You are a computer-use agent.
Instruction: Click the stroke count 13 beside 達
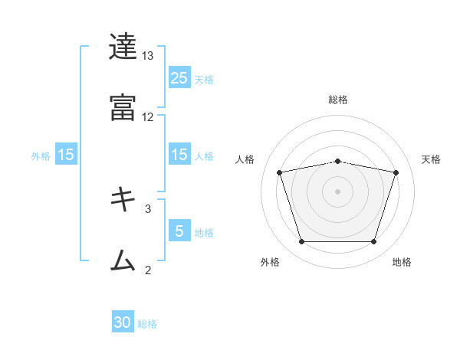(x=148, y=57)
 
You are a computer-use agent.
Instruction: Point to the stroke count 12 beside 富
(x=148, y=116)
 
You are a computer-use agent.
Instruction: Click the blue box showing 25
(x=179, y=78)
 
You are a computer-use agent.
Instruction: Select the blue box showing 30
(x=123, y=322)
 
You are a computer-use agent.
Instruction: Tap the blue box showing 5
(x=179, y=231)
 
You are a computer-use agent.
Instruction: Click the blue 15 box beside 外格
(x=66, y=155)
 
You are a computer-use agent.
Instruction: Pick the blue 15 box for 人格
(x=179, y=155)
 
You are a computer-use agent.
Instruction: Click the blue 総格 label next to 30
(x=147, y=324)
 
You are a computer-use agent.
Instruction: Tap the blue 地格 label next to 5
(x=204, y=233)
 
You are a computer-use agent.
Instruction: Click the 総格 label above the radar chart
(x=337, y=100)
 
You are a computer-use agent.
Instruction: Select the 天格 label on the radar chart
(x=432, y=159)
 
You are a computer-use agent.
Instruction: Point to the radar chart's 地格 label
(x=402, y=262)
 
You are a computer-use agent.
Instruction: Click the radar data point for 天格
(x=396, y=172)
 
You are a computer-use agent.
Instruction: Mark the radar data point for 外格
(x=301, y=242)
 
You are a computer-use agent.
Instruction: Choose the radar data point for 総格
(x=337, y=161)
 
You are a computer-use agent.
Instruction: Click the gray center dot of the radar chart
(x=337, y=191)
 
